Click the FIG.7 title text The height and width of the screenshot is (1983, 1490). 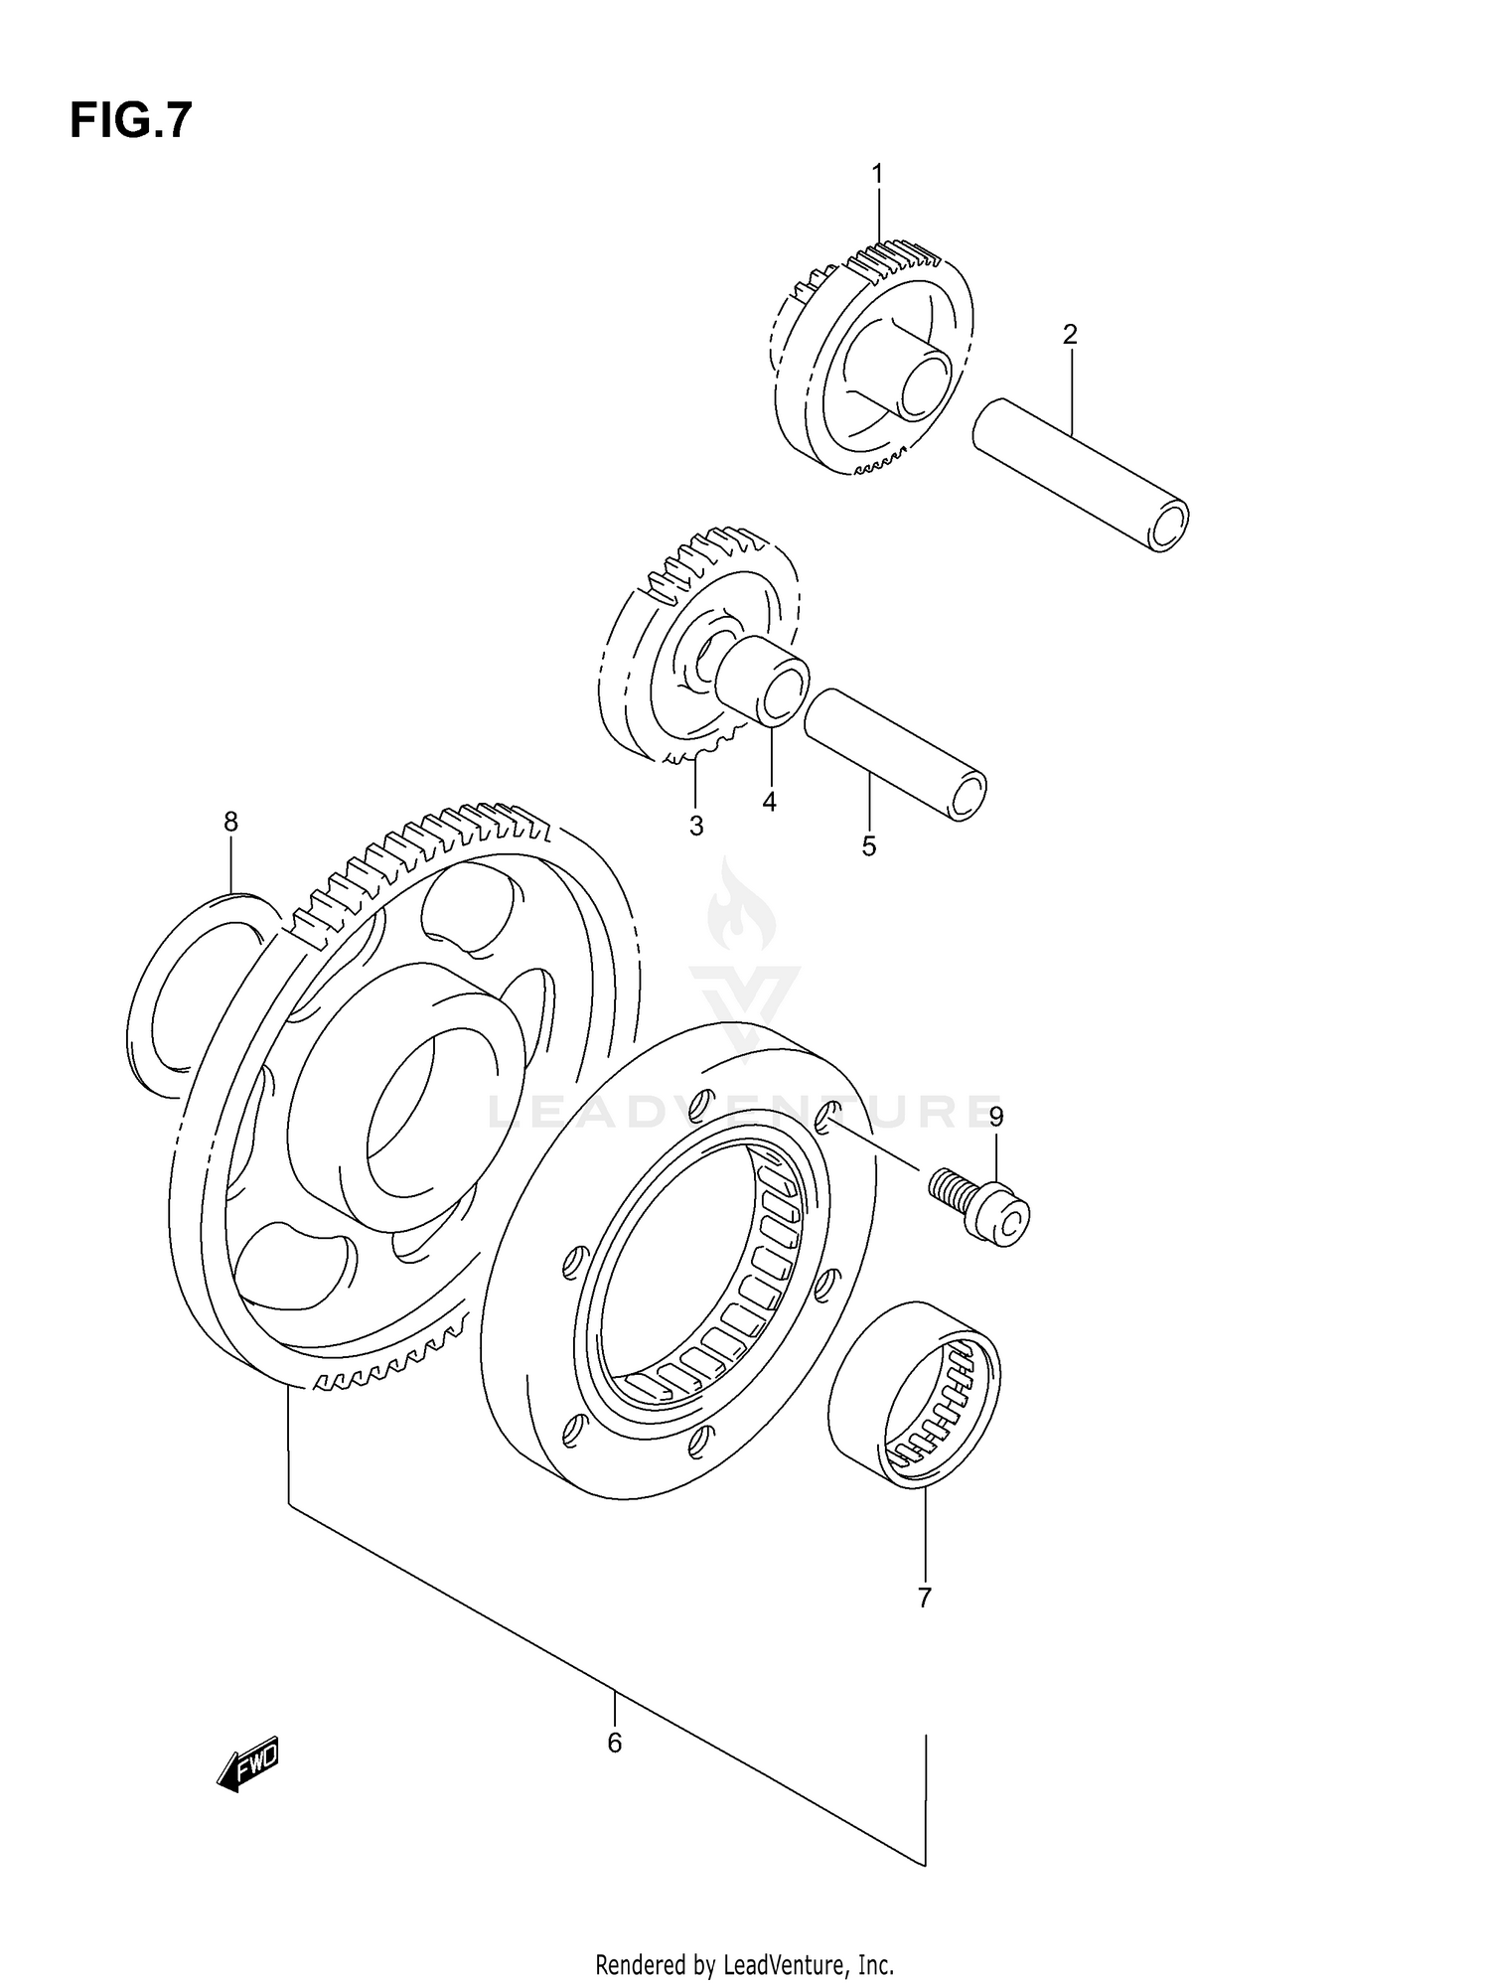(x=130, y=120)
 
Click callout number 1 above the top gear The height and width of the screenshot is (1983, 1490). (x=877, y=174)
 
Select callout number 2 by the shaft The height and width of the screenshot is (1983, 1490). (x=1070, y=335)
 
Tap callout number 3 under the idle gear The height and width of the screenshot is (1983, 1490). (x=696, y=826)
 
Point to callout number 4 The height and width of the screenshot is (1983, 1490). (x=770, y=802)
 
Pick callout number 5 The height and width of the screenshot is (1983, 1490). (x=869, y=846)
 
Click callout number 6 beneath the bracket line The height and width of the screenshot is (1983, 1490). (x=615, y=1743)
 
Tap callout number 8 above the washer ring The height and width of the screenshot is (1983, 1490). (x=230, y=822)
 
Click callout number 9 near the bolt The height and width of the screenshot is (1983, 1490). (x=996, y=1117)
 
